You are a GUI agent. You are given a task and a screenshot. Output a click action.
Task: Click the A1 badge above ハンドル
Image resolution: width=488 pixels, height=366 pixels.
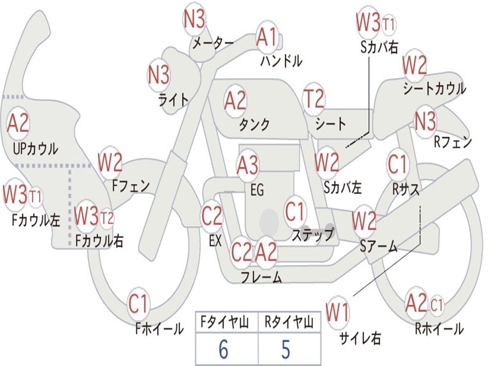(267, 37)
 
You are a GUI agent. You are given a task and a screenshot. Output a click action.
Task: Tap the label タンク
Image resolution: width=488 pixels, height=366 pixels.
(254, 124)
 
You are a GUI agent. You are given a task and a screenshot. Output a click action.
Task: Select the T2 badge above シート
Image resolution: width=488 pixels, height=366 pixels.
(314, 98)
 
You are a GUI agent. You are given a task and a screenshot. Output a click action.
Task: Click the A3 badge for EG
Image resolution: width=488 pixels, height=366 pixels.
(247, 164)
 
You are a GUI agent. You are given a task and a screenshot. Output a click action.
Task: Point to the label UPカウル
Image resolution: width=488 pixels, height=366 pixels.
(35, 149)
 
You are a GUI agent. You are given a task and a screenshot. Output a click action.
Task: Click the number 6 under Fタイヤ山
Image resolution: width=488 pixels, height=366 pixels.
(224, 349)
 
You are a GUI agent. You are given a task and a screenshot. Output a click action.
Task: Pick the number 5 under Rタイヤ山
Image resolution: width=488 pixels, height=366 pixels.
(286, 349)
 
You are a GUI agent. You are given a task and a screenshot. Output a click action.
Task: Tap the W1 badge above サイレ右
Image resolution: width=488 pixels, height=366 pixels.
(337, 313)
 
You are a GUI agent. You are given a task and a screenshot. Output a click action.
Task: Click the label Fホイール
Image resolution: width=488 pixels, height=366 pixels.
(159, 329)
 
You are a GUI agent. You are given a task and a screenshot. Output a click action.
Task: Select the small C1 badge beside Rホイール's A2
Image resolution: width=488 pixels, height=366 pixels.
(437, 305)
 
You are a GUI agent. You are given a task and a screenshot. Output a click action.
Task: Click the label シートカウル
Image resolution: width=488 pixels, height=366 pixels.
(435, 88)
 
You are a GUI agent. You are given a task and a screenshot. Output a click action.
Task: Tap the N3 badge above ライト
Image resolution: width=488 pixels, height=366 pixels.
(159, 75)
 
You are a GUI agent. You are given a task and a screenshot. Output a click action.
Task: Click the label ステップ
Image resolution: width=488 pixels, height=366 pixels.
(313, 234)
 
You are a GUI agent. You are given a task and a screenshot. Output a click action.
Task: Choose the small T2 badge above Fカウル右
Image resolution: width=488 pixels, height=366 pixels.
(107, 218)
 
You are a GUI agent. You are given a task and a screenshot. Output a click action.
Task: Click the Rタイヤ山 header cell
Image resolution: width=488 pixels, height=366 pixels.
(289, 322)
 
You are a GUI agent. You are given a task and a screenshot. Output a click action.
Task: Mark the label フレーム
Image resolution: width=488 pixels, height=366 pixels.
(262, 276)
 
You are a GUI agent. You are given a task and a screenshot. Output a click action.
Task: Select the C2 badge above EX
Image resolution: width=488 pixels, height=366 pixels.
(212, 216)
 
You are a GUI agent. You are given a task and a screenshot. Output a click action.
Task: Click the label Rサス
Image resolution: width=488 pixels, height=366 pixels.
(405, 189)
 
